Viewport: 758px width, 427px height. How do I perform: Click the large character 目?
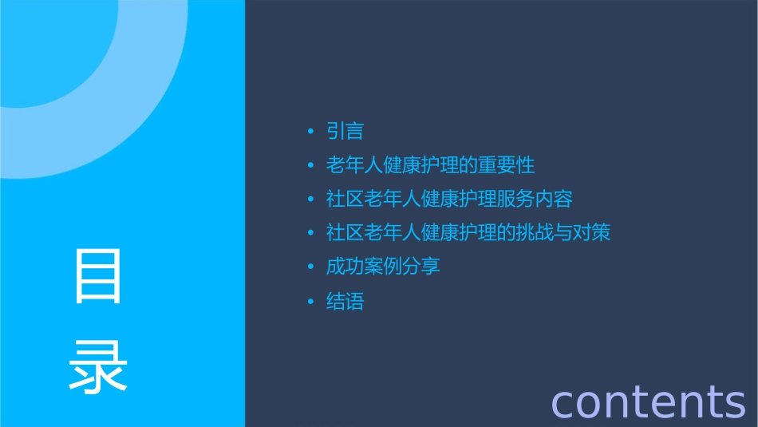pos(98,275)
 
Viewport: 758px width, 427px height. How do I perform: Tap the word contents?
pos(648,401)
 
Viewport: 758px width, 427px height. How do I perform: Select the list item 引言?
pos(345,131)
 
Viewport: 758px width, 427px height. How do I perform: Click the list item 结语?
pos(345,302)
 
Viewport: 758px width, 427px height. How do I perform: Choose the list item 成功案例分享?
pos(383,267)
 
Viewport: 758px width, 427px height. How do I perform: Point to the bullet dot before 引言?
pos(310,132)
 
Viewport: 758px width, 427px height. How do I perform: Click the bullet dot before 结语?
pos(310,302)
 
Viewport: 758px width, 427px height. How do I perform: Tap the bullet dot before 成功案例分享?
pos(310,267)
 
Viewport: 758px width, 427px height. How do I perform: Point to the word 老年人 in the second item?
pos(354,165)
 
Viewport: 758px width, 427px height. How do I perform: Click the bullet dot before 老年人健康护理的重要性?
pos(310,166)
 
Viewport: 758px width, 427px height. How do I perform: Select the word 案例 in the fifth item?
pos(383,267)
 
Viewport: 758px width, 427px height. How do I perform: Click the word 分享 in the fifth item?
pos(421,267)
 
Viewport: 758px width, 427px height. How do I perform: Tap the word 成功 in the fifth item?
pos(345,267)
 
